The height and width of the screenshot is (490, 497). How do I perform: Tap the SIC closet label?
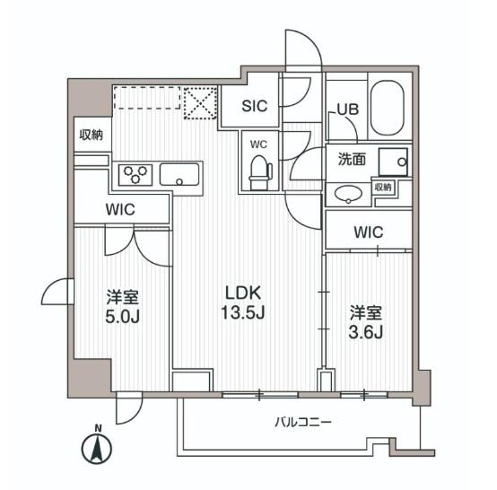(x=256, y=104)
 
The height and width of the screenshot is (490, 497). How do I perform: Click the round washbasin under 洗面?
(x=351, y=192)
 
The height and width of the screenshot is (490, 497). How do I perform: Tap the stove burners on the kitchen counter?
(x=139, y=174)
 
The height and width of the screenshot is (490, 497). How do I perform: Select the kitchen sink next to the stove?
(x=181, y=174)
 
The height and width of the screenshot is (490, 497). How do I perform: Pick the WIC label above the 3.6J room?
(x=368, y=232)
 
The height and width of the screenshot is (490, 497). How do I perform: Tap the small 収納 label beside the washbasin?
(x=384, y=187)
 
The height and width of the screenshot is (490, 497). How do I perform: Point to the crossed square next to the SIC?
(x=199, y=101)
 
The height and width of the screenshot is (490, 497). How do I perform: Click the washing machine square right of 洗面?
(x=392, y=162)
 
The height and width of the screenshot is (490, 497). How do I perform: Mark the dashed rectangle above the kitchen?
(x=145, y=98)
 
